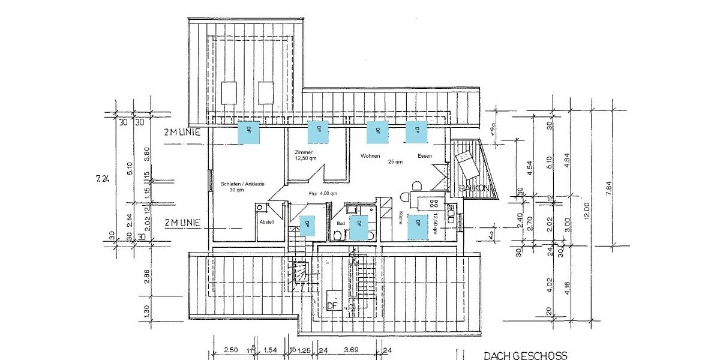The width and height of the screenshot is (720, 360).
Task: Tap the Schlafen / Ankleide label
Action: [242, 184]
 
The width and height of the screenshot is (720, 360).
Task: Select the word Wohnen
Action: [370, 156]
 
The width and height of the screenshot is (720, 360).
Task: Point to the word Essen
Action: [425, 156]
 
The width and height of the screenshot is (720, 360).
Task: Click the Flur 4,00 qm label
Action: [323, 194]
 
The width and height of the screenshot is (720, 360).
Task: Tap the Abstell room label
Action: [266, 221]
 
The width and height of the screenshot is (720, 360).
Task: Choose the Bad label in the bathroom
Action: [341, 223]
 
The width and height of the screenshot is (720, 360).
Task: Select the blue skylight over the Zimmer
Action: [318, 131]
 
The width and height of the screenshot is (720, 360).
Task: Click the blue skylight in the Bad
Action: [359, 227]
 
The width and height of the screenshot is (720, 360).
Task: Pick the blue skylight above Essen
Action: [416, 131]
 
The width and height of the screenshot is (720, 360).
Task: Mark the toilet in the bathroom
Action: [338, 236]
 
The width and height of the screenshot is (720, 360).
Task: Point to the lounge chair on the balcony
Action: [467, 162]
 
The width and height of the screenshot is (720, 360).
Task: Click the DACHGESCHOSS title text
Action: [525, 356]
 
